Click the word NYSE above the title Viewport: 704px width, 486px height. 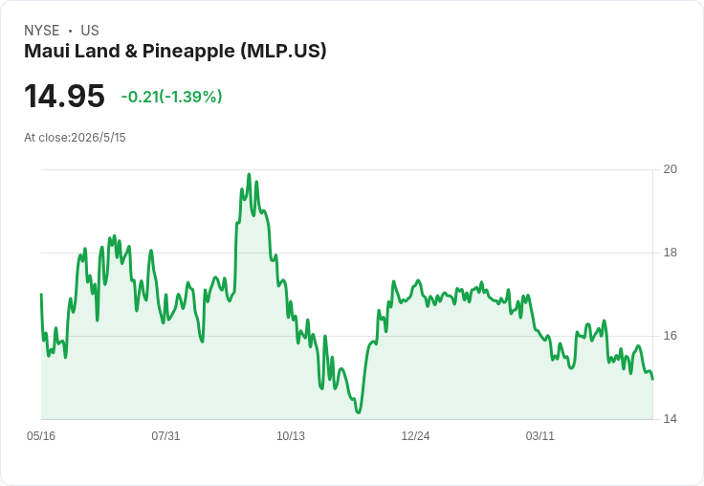42,31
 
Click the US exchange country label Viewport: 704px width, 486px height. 90,31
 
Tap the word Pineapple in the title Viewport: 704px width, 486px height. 188,52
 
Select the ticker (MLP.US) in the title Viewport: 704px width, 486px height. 283,52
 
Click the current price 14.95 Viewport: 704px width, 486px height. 64,96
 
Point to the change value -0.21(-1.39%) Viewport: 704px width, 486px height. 171,97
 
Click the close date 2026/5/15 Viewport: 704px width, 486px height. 99,138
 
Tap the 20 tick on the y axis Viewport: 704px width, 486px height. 670,169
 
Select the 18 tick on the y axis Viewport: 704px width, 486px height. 670,253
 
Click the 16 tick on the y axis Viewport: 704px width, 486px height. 670,336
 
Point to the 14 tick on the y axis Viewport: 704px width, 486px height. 670,419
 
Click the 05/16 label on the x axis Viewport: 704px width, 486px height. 41,436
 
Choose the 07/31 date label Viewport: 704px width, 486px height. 165,436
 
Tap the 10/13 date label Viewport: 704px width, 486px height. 291,436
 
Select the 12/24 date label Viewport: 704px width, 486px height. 415,436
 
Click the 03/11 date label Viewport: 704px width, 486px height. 540,436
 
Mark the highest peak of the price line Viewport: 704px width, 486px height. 250,174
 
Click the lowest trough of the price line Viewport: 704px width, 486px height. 359,412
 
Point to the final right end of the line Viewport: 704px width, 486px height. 652,380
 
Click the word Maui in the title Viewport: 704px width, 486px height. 46,52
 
